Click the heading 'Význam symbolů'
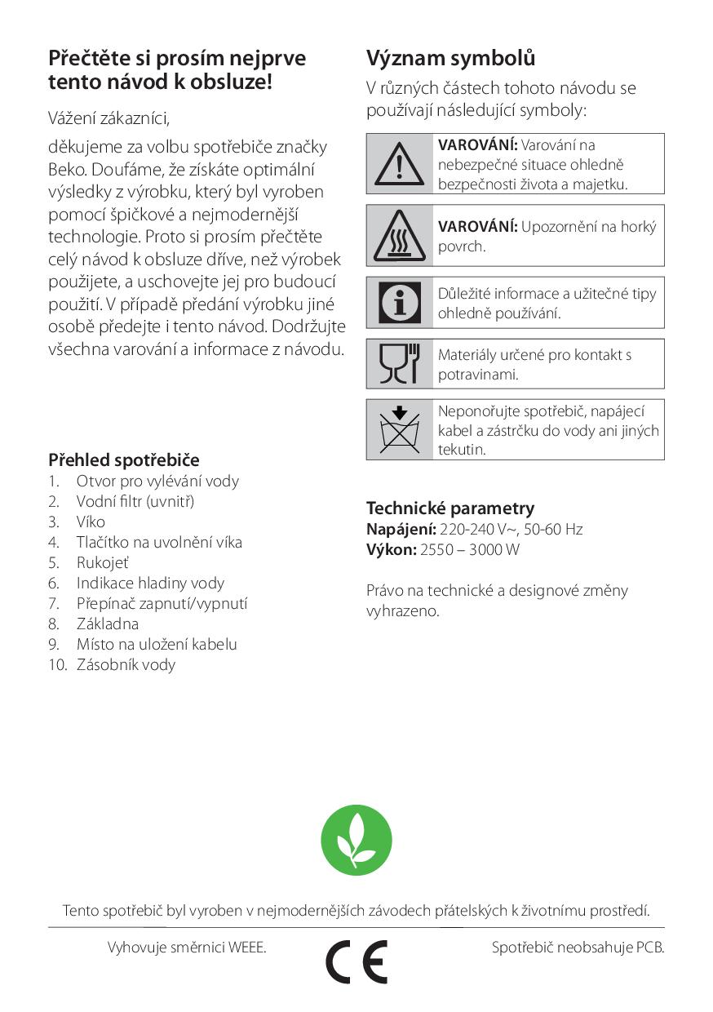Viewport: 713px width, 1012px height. (450, 59)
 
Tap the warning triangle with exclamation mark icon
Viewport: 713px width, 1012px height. (400, 163)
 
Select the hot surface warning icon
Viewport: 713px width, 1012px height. (400, 236)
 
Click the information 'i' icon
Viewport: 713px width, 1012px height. (400, 303)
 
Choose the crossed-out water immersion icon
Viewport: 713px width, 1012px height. (400, 429)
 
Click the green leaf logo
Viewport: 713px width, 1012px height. (356, 840)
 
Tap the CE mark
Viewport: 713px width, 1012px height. (356, 961)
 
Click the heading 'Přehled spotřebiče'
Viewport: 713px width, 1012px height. (124, 460)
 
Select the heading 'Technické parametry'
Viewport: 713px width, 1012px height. (450, 508)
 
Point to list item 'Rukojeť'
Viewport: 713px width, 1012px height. (103, 562)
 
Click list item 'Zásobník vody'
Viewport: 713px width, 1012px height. (126, 664)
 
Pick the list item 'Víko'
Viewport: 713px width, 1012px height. (91, 522)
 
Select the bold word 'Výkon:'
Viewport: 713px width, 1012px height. (391, 549)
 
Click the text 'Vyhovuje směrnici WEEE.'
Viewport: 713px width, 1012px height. (187, 948)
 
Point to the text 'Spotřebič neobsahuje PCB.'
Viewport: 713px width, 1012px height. (578, 948)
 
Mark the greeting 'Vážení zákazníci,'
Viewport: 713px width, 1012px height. (109, 118)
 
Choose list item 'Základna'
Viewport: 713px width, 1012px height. (108, 624)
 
